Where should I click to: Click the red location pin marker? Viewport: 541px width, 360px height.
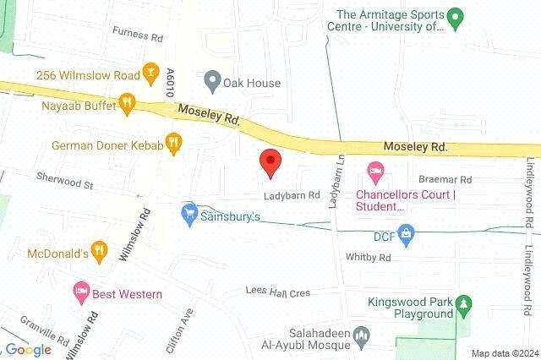270,162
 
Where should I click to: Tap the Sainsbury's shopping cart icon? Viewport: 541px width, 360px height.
189,216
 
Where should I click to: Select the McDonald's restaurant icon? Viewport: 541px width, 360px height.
99,251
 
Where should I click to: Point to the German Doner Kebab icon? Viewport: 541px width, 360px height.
174,144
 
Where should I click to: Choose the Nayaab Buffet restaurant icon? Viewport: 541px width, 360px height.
127,103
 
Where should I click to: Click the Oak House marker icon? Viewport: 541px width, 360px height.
211,83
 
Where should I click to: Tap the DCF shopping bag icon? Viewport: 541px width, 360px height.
406,236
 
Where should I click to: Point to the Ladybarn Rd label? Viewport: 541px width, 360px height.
290,194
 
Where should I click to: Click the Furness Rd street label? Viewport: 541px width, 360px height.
139,36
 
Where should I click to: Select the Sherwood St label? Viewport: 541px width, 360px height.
63,180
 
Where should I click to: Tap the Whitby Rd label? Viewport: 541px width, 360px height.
368,257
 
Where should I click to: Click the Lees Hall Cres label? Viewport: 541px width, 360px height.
277,292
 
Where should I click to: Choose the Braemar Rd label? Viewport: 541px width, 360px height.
444,180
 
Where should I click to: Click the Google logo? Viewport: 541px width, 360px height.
28,350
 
